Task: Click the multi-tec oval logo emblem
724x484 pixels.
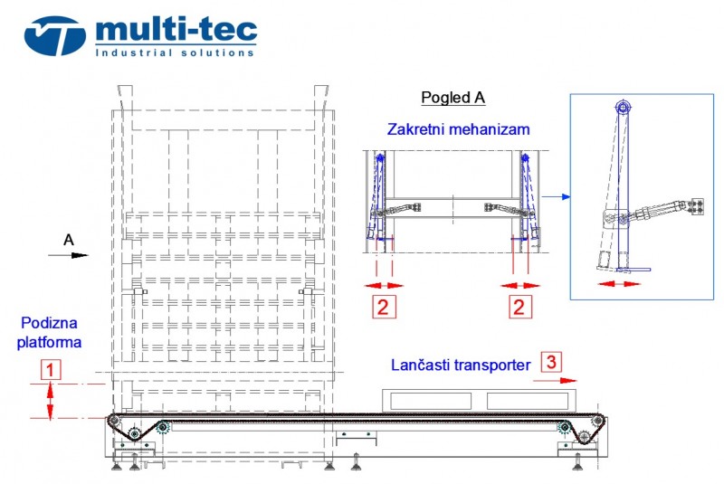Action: tap(55, 36)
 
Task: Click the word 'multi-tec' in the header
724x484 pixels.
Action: tap(176, 30)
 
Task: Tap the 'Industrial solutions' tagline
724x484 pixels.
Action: tap(175, 52)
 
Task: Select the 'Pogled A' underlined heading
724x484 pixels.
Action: tap(453, 98)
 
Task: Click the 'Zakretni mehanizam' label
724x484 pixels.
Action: tap(458, 129)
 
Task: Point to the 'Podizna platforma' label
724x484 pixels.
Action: tap(49, 332)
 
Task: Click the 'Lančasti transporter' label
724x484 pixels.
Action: tap(461, 365)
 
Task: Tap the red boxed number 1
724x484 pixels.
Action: tap(51, 370)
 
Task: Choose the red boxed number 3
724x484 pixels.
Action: tap(551, 362)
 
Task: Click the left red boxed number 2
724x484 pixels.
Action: tap(384, 308)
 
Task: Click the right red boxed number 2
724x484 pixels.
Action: tap(519, 308)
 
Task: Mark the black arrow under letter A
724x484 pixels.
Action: tap(69, 255)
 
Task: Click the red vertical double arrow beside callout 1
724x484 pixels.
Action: tap(50, 402)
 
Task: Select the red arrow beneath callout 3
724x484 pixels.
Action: tap(555, 381)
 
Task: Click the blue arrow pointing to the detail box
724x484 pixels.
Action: tap(556, 196)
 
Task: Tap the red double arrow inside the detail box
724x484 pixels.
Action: tap(619, 284)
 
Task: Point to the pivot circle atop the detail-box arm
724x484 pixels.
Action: tap(623, 109)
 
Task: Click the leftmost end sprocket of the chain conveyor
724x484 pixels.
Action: tap(114, 421)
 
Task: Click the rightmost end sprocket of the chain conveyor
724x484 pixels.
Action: tap(597, 421)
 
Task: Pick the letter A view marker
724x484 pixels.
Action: tap(69, 240)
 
